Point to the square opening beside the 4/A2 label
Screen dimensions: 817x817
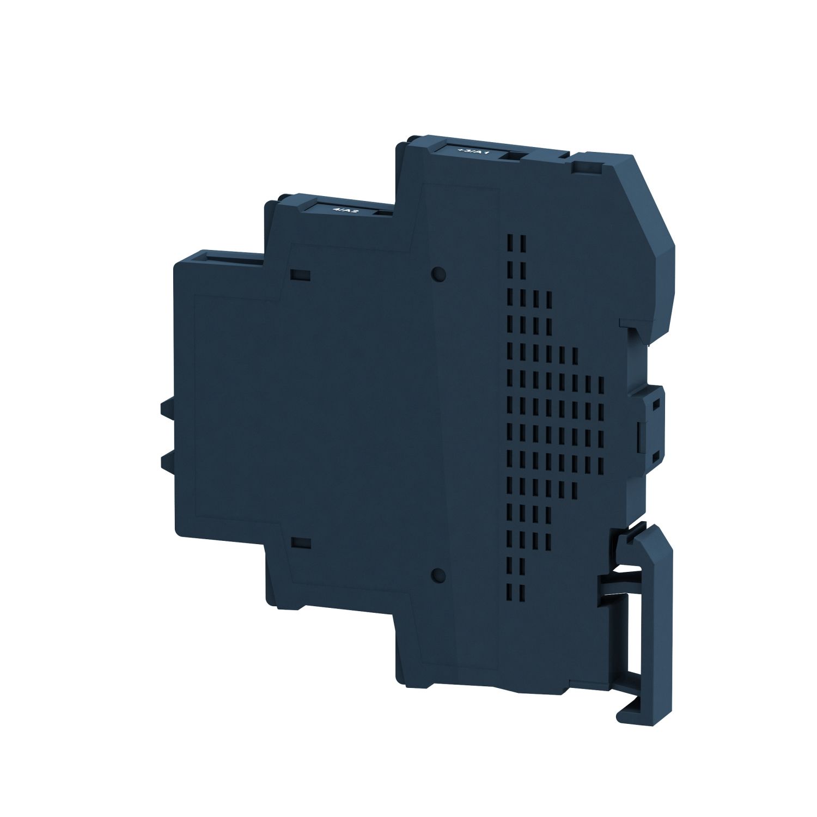[381, 212]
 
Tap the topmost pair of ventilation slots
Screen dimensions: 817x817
[515, 242]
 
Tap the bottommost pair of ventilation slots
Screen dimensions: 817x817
[515, 593]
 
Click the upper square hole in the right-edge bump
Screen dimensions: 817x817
[657, 404]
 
